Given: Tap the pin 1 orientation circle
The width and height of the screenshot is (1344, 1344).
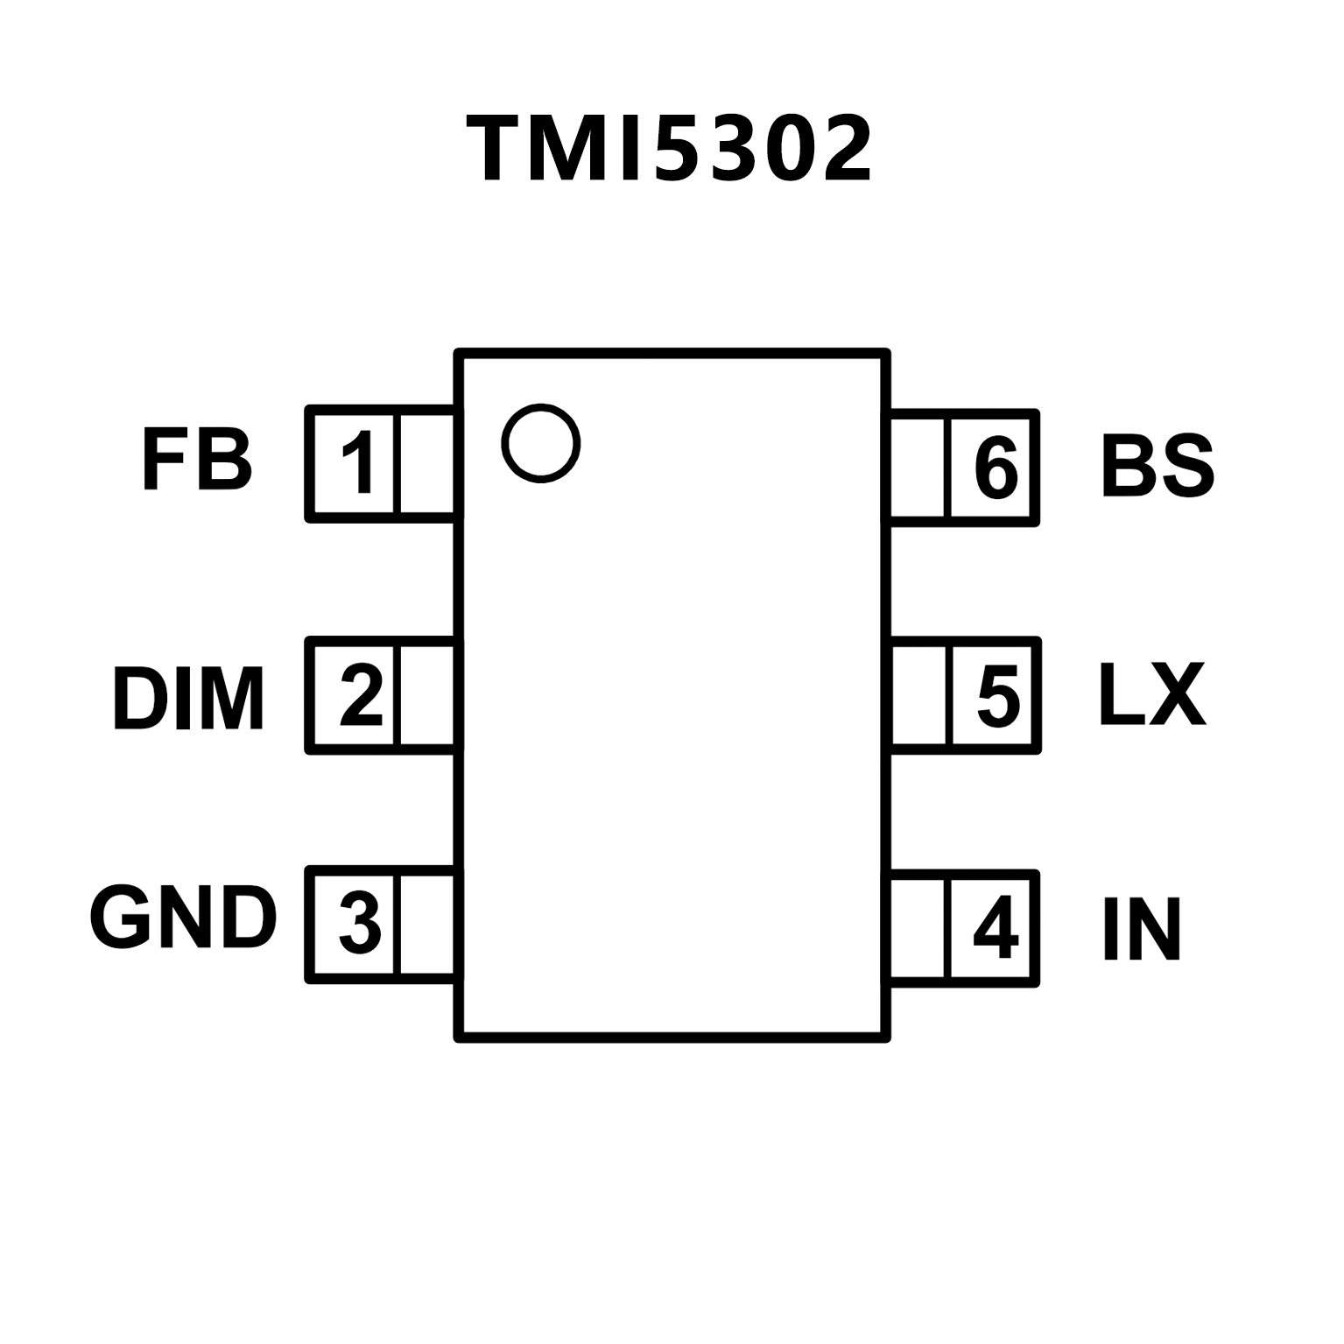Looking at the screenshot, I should click(540, 443).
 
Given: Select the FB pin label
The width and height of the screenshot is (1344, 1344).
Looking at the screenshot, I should click(197, 461).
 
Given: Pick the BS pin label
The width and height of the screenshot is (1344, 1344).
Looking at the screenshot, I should click(1157, 466).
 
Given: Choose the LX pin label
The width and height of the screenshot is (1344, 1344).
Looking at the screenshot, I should click(1151, 695).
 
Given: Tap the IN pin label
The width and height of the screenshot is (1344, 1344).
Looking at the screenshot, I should click(1141, 929).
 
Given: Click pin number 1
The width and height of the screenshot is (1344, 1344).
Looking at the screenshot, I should click(358, 463).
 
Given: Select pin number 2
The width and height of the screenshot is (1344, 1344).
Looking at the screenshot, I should click(361, 696).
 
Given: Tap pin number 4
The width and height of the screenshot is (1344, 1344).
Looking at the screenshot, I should click(996, 928).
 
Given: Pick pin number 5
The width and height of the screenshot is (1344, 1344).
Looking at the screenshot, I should click(998, 697).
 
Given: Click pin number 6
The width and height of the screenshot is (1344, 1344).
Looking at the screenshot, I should click(996, 468).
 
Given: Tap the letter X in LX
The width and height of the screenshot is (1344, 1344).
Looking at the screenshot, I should click(1177, 695).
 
